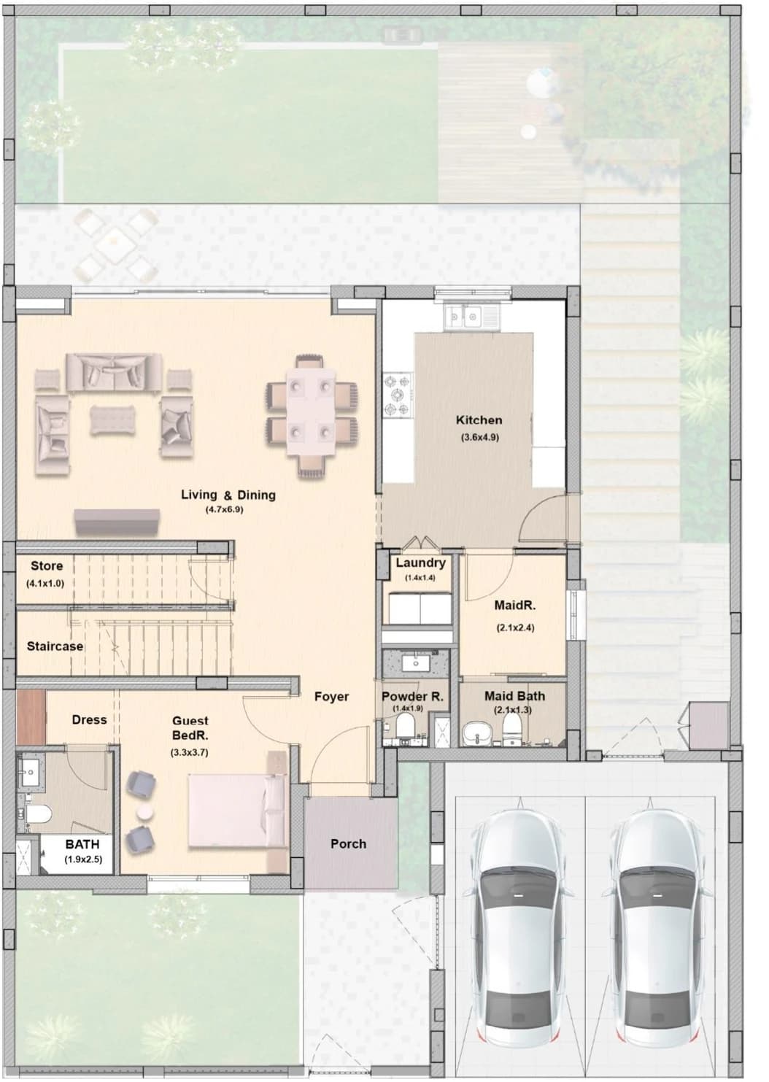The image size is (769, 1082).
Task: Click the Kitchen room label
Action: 479,420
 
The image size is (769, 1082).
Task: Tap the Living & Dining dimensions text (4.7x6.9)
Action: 224,509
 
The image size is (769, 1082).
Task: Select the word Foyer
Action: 331,696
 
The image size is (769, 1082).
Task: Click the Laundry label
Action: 421,563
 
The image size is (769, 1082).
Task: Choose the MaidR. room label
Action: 515,605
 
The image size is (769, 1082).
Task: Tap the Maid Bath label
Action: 514,695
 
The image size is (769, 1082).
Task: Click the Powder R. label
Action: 412,696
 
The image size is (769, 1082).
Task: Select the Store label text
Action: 47,565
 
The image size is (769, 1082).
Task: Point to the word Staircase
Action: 55,646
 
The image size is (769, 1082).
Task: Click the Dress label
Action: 89,719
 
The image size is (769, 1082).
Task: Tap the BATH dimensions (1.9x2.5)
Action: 83,859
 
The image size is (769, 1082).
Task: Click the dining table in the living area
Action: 312,411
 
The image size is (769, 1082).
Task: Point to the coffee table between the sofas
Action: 113,420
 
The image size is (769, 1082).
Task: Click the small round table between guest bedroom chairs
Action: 144,812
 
